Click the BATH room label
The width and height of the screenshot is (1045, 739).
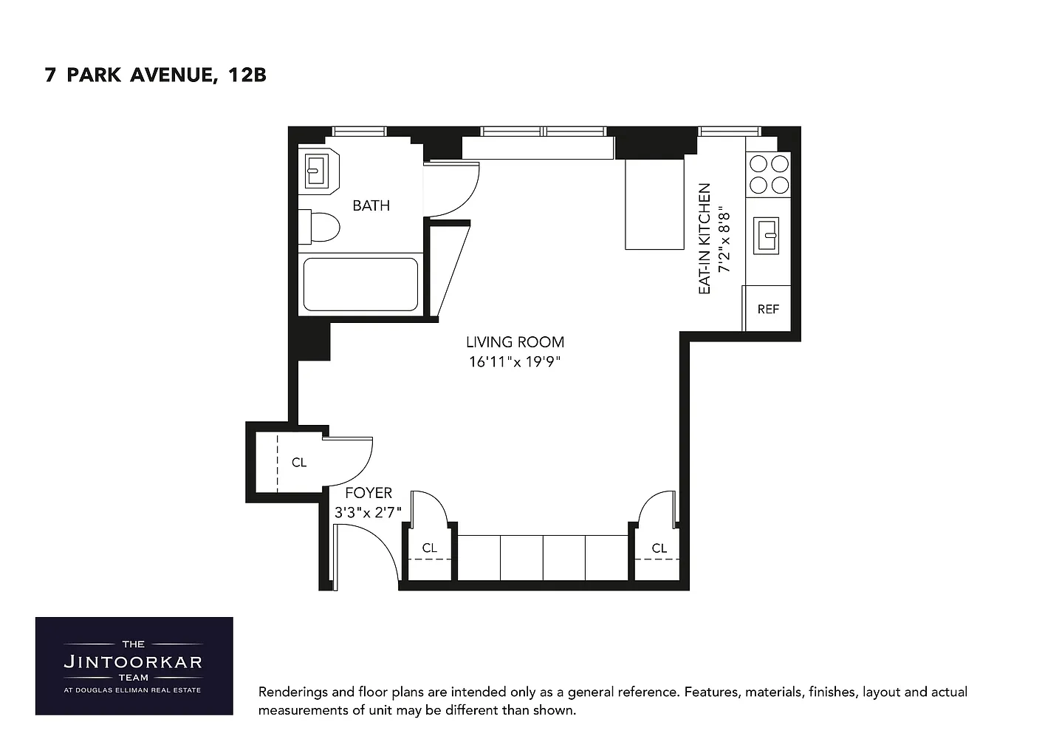pyautogui.click(x=371, y=205)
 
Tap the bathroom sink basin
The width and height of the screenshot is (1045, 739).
pyautogui.click(x=316, y=171)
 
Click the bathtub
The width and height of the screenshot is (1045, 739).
pyautogui.click(x=360, y=285)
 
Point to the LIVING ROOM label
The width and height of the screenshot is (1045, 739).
pyautogui.click(x=515, y=342)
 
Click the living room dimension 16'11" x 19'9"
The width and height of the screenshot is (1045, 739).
pyautogui.click(x=515, y=362)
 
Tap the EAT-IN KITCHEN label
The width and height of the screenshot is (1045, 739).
pyautogui.click(x=705, y=239)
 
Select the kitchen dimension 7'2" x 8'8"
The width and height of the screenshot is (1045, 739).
pyautogui.click(x=724, y=239)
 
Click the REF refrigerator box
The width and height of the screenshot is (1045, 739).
pyautogui.click(x=768, y=309)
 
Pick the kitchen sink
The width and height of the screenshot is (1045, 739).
pyautogui.click(x=766, y=236)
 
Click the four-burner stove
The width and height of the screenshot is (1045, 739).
pyautogui.click(x=769, y=174)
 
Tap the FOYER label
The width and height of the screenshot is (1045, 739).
pyautogui.click(x=369, y=493)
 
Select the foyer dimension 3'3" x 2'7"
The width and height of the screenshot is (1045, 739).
pyautogui.click(x=368, y=513)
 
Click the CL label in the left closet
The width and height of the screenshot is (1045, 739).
pyautogui.click(x=299, y=462)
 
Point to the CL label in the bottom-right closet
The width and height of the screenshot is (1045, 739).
pyautogui.click(x=659, y=548)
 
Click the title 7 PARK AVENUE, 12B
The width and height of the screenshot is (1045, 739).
pyautogui.click(x=155, y=75)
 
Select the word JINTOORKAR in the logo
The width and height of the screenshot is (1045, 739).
pyautogui.click(x=133, y=661)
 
